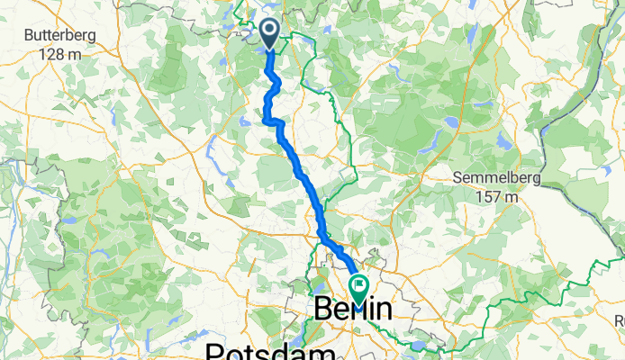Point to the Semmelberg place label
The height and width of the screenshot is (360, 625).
point(498,178)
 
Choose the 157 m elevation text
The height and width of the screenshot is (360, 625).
point(498,195)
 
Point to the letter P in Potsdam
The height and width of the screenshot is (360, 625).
point(216,350)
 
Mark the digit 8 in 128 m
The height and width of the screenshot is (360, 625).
point(51,53)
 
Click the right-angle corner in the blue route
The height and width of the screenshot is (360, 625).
point(266,118)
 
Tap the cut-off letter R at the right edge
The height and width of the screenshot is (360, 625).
point(620,319)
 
